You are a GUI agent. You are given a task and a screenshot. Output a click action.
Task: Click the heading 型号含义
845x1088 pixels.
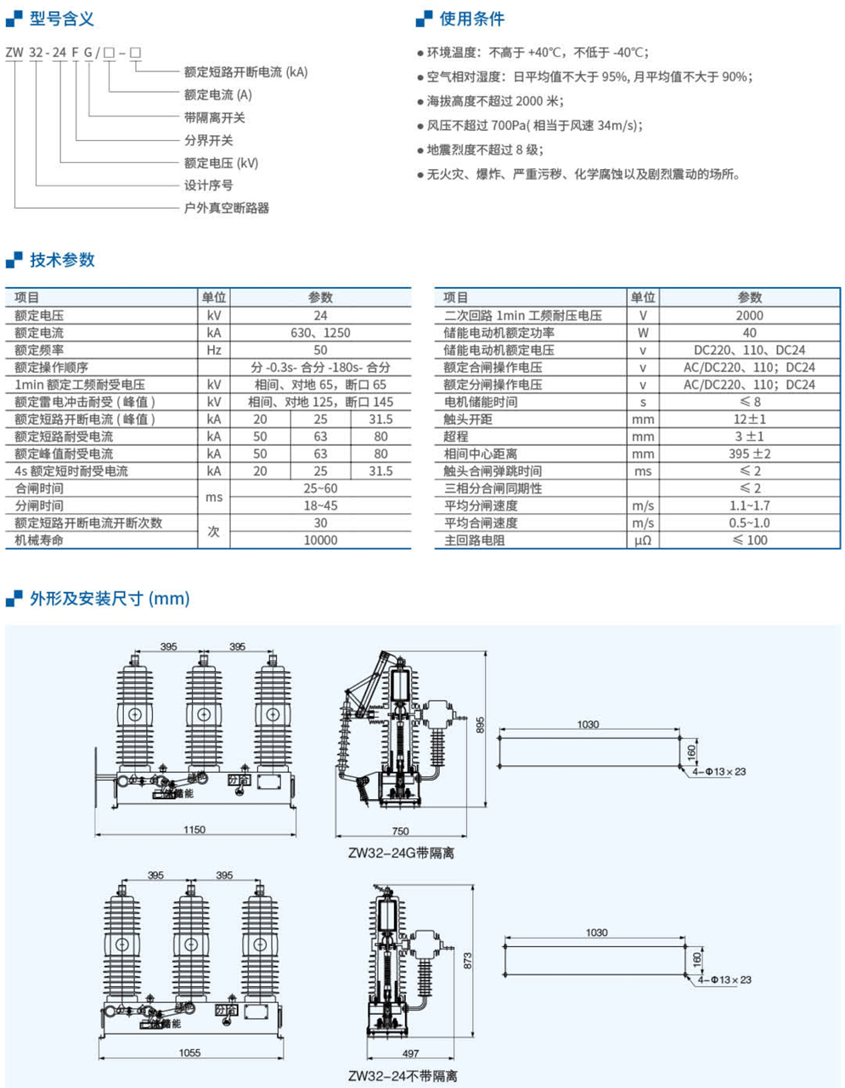tap(61, 19)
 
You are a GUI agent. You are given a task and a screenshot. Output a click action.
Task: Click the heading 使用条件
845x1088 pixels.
tap(471, 19)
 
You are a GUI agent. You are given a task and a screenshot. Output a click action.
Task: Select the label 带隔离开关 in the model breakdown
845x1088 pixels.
tap(215, 117)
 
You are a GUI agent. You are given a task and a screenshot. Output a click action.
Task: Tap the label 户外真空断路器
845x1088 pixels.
tap(227, 207)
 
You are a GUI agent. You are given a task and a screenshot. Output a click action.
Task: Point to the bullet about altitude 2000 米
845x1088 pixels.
tap(494, 101)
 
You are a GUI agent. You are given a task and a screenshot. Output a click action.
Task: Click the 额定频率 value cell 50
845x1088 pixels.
tap(320, 350)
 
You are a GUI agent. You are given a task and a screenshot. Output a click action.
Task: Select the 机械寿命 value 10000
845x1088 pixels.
tap(320, 540)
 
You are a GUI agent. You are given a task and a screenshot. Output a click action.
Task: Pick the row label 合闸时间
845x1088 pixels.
tap(39, 488)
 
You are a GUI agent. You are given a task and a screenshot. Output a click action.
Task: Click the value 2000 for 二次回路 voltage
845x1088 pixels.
tap(749, 315)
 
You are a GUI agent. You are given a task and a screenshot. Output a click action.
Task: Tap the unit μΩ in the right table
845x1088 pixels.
tap(643, 540)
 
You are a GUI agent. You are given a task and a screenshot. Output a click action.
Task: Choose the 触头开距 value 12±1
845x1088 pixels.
tap(749, 419)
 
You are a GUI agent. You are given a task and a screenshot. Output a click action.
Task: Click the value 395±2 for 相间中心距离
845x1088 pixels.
tap(749, 454)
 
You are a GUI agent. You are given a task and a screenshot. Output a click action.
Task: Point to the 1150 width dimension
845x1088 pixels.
tap(194, 830)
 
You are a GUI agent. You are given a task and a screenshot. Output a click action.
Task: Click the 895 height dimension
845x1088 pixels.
tap(480, 724)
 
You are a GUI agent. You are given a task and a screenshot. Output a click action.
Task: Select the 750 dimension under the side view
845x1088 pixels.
tap(400, 832)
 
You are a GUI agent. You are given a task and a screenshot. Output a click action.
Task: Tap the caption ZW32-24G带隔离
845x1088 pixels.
tap(401, 853)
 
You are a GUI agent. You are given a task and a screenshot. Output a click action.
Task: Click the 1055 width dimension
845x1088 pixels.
tap(189, 1053)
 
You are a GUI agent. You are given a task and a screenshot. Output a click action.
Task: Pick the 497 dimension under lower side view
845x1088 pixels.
tap(410, 1053)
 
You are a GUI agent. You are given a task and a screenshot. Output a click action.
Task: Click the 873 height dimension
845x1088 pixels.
tap(468, 961)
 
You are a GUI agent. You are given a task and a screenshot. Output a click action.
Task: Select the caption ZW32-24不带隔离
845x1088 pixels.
tap(403, 1076)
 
